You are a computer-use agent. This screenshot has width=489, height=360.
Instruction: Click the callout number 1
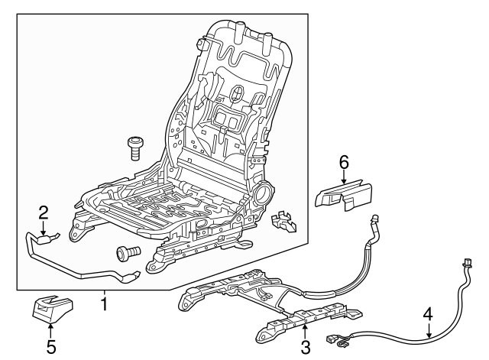pyautogui.click(x=104, y=303)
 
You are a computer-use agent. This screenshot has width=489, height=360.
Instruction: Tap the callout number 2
pyautogui.click(x=44, y=212)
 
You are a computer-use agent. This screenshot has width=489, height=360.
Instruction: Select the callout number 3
pyautogui.click(x=305, y=349)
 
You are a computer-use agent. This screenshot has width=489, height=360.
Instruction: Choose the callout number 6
pyautogui.click(x=343, y=161)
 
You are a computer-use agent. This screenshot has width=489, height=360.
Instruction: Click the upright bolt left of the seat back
pyautogui.click(x=134, y=146)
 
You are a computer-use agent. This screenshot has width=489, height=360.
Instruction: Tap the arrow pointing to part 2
pyautogui.click(x=44, y=229)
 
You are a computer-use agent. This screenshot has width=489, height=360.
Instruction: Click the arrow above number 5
pyautogui.click(x=50, y=329)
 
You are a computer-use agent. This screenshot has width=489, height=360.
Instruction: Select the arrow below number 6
pyautogui.click(x=343, y=176)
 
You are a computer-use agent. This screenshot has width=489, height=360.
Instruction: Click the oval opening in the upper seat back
pyautogui.click(x=238, y=94)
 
